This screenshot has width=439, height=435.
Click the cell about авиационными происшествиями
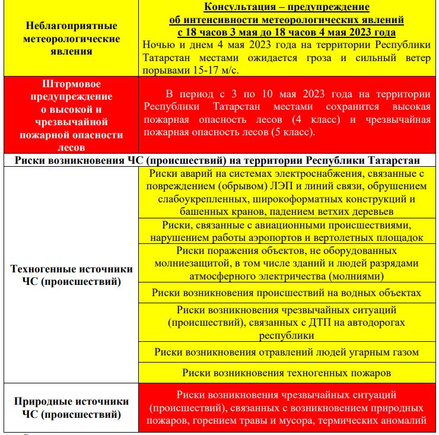[288, 231]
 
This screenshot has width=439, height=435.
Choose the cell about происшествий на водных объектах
[288, 292]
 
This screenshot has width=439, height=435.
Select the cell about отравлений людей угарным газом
[288, 351]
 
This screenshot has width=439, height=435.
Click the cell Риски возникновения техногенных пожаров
[288, 373]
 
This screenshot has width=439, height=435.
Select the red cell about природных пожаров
[288, 408]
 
